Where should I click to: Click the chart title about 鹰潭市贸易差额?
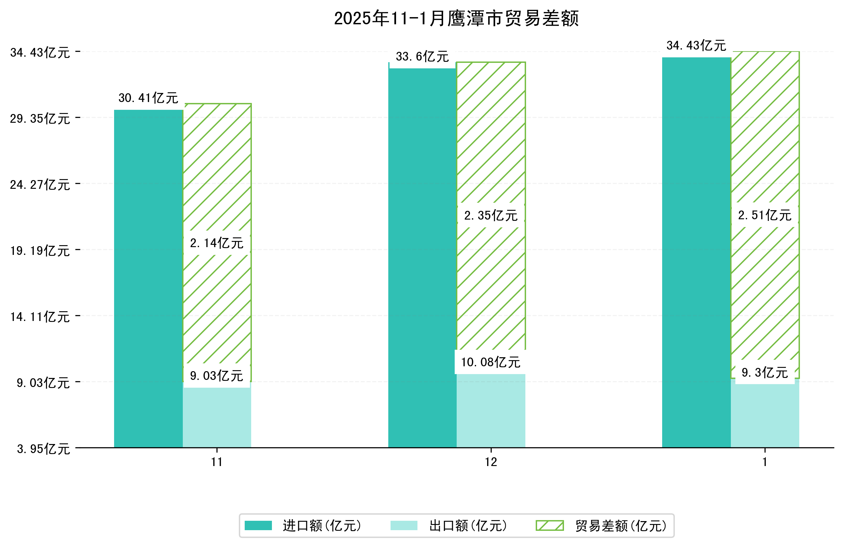point(456,18)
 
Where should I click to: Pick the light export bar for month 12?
point(491,411)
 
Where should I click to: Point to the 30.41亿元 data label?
point(148,98)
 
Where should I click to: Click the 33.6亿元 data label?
point(422,57)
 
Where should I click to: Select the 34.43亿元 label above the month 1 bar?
point(696,46)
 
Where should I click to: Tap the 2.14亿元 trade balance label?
point(217,243)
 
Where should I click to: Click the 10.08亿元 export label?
point(490,362)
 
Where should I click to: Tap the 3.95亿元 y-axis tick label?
point(43,449)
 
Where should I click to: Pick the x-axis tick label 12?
point(491,462)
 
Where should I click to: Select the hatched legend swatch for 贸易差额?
point(549,525)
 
